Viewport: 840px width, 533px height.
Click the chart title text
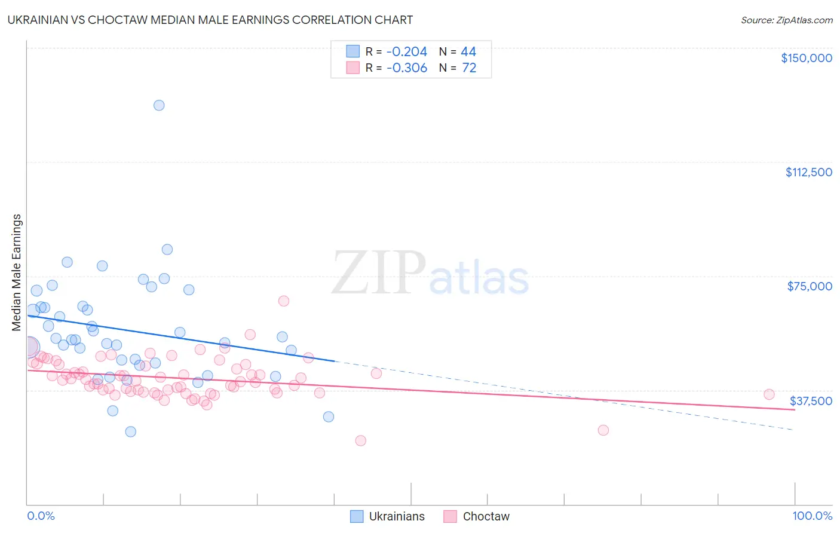pos(210,20)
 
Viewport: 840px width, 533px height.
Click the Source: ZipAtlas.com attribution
pos(786,20)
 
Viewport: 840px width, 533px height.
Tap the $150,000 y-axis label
pos(807,58)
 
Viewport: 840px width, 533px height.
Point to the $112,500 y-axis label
pos(808,172)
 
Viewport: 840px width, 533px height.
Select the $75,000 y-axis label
pos(810,286)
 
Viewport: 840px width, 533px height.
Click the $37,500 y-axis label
pos(811,401)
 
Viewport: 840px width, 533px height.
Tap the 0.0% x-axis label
pos(41,516)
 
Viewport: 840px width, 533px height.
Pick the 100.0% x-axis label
pos(812,516)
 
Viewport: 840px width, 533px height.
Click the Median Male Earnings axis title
pos(17,272)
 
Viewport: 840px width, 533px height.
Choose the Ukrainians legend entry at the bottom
pos(397,516)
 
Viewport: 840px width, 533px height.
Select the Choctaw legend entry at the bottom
pos(486,516)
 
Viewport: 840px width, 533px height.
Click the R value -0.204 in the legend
pos(407,52)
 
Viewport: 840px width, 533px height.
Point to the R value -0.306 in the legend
pos(407,68)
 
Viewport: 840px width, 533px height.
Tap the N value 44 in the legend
pos(468,52)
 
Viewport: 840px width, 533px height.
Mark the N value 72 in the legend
pos(469,68)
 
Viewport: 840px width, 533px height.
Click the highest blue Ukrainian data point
pos(159,105)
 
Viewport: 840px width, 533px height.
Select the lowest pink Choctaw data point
pos(360,440)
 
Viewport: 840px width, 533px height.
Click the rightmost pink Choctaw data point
pos(769,394)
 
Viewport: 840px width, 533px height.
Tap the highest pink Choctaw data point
pos(284,301)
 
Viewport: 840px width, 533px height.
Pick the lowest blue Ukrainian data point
pos(130,431)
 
